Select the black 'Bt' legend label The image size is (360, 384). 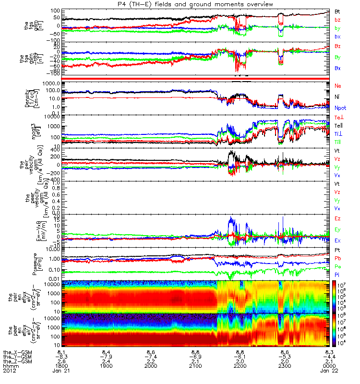click(x=338, y=11)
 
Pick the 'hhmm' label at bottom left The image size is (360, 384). click(x=9, y=365)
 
